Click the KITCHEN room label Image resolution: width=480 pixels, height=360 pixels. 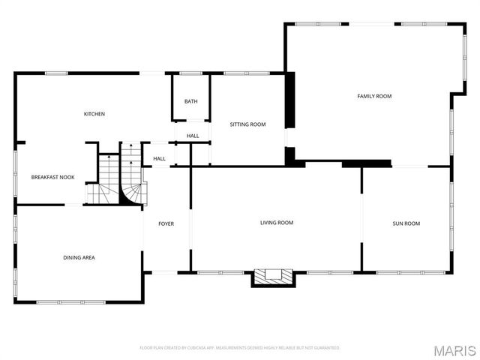(x=94, y=114)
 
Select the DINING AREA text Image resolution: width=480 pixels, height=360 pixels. (x=79, y=257)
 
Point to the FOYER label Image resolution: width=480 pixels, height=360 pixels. (x=166, y=223)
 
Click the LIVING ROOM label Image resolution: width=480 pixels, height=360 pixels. (x=277, y=223)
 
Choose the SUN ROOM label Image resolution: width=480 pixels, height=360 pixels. (x=406, y=223)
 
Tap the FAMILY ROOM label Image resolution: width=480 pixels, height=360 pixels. (x=374, y=96)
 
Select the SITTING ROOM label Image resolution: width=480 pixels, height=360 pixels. (x=247, y=124)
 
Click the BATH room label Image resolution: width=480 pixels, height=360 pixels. (x=191, y=101)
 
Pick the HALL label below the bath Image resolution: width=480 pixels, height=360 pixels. (x=193, y=136)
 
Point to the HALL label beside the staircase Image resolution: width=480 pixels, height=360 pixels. (x=159, y=159)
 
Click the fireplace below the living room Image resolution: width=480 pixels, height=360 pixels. (x=272, y=277)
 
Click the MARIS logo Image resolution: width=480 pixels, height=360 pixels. (x=457, y=349)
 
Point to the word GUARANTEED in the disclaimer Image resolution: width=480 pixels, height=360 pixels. (x=325, y=348)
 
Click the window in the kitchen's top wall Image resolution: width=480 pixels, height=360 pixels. (x=56, y=73)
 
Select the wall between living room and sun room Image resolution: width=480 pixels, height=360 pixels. (x=362, y=219)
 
